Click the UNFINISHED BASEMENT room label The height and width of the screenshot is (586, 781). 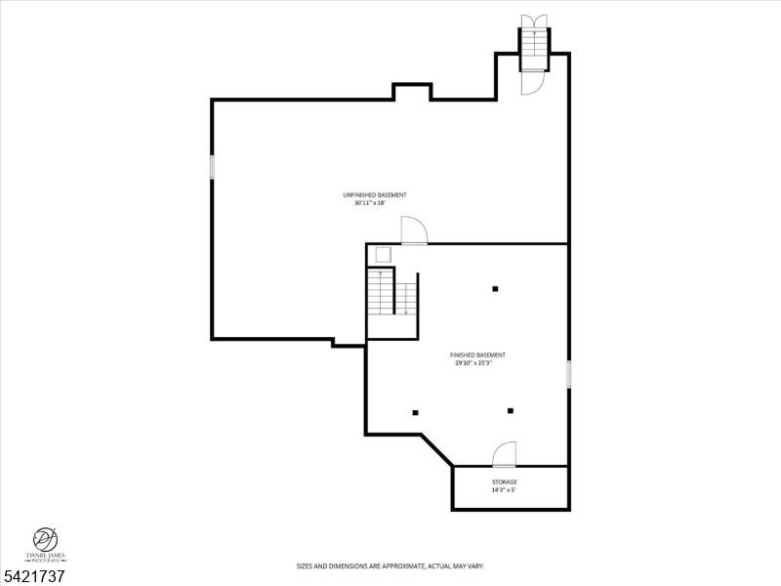click(x=374, y=195)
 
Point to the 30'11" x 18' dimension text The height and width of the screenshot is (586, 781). click(x=370, y=203)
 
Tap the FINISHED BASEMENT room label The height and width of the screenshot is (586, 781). click(x=477, y=355)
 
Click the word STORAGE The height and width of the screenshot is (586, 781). click(x=504, y=481)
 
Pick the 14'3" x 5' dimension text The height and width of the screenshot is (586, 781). click(x=503, y=490)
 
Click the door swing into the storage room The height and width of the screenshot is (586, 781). click(x=504, y=454)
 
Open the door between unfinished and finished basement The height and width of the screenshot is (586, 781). click(x=414, y=230)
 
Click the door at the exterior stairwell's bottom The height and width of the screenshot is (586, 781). click(x=533, y=84)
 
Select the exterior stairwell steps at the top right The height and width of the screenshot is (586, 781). click(x=534, y=50)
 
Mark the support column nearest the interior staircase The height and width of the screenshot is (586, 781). click(x=495, y=288)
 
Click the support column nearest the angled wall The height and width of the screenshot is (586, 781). click(x=415, y=412)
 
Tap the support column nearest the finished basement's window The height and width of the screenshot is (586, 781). click(x=510, y=410)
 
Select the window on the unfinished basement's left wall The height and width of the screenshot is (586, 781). click(x=212, y=167)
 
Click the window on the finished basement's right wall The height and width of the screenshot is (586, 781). click(x=568, y=374)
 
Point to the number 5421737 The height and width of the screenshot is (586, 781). click(x=34, y=576)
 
